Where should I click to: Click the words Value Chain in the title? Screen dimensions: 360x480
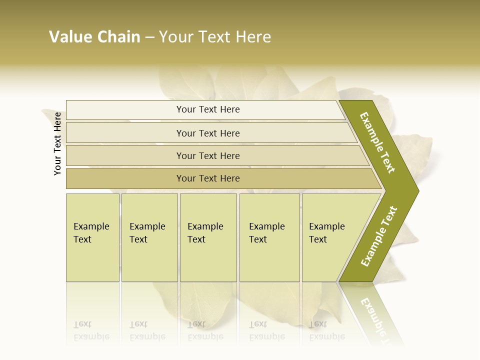(x=94, y=37)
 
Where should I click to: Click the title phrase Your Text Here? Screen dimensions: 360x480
(x=215, y=37)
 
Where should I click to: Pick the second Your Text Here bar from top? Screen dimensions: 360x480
(x=208, y=133)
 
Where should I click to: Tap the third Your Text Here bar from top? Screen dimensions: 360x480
(x=208, y=155)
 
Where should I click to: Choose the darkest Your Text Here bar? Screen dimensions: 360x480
(x=208, y=178)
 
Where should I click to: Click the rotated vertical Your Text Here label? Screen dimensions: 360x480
(x=57, y=143)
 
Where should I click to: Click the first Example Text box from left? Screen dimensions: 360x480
(x=92, y=237)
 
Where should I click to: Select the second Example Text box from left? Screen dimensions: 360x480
(x=149, y=237)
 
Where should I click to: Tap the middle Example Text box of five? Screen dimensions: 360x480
(x=208, y=237)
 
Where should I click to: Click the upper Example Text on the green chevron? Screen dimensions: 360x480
(x=378, y=142)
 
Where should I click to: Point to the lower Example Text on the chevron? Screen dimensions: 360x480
(x=379, y=236)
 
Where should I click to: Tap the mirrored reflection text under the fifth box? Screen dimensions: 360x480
(x=327, y=330)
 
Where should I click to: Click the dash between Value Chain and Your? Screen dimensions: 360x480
(x=149, y=37)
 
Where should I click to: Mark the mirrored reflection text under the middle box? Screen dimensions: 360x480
(x=205, y=330)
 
